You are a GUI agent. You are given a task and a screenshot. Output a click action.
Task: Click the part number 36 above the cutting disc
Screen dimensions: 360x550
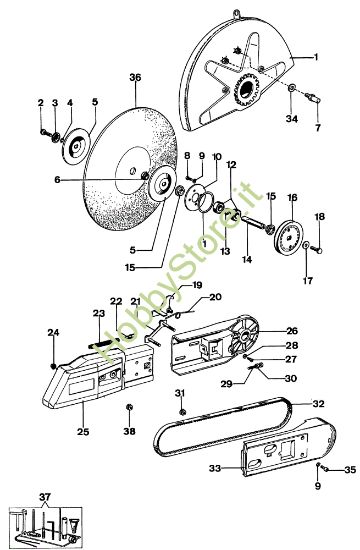[x=135, y=77]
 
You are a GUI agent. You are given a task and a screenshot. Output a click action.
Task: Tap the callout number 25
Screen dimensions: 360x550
[x=83, y=432]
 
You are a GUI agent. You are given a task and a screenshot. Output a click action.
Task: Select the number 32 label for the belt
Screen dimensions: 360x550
[x=318, y=404]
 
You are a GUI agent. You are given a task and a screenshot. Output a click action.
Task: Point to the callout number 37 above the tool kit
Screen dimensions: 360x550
[x=45, y=497]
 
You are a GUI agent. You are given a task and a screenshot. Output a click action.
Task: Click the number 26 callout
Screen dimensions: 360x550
[x=292, y=331]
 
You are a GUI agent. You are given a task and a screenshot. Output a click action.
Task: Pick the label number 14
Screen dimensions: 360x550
[x=247, y=260]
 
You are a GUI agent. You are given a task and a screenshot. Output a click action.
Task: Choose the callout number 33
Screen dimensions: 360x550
[x=215, y=468]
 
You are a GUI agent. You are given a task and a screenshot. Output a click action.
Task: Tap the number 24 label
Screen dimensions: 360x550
[x=54, y=332]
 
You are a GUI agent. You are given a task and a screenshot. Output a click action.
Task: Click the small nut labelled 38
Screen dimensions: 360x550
[x=129, y=407]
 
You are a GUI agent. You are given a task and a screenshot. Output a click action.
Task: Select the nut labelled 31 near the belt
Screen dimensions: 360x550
[x=182, y=411]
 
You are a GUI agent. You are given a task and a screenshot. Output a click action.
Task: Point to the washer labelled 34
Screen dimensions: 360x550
[x=292, y=88]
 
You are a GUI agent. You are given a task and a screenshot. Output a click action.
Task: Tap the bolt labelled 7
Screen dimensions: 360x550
[x=312, y=97]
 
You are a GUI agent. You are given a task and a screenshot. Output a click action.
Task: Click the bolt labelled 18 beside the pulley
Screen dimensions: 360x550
[x=318, y=250]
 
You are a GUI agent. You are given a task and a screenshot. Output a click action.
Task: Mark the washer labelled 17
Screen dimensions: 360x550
[x=306, y=245]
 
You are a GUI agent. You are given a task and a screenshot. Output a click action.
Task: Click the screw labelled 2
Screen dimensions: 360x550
[x=44, y=132]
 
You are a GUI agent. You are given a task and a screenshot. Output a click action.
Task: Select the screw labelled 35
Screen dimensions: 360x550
[x=325, y=469]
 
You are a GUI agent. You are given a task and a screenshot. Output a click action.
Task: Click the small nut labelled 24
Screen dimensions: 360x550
[x=53, y=367]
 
